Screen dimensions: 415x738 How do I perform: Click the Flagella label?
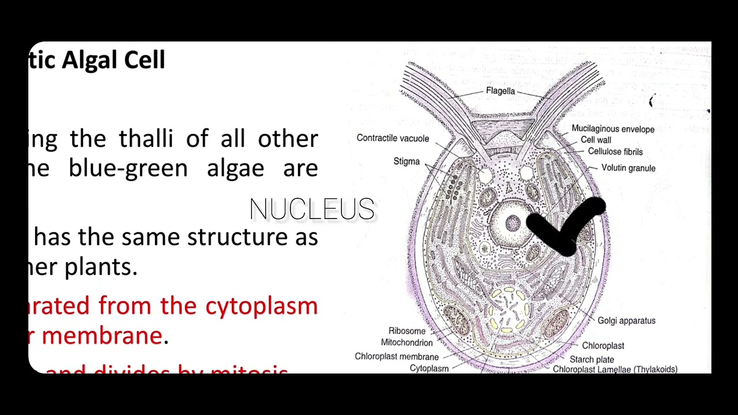(500, 91)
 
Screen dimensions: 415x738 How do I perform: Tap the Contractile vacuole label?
(393, 138)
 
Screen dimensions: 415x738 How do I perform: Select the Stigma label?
(406, 161)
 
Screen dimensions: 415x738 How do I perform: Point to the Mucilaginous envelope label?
(613, 129)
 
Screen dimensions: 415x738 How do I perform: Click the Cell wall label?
(596, 140)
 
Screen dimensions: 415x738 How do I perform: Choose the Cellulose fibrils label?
(615, 152)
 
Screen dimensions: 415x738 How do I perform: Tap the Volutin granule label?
(628, 168)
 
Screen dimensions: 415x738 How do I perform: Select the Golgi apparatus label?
(626, 320)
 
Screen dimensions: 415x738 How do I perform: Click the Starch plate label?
(592, 359)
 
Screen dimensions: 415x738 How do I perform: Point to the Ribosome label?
(406, 331)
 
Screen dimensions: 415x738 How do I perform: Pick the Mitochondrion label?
(406, 342)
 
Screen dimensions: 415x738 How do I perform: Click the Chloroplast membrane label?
(397, 356)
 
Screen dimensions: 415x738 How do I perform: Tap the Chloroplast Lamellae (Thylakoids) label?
(615, 369)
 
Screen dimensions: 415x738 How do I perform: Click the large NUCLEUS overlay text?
(312, 209)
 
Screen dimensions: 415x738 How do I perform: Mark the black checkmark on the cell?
(568, 228)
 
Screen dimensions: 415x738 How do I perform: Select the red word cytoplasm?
(261, 305)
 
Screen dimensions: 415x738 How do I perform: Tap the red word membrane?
(102, 335)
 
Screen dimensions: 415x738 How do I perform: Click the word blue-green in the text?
(128, 168)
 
